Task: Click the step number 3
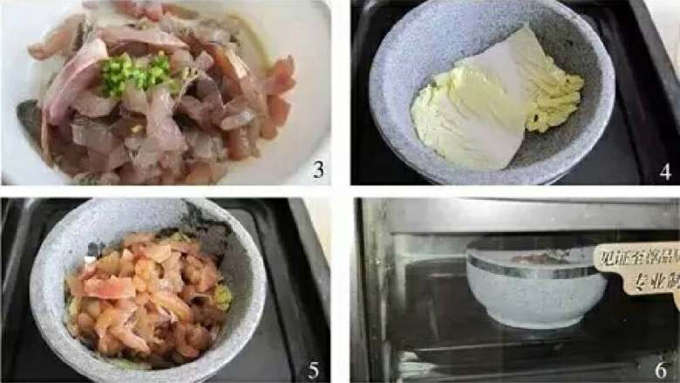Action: pos(317,170)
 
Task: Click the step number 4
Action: pos(665,170)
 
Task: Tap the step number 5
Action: pos(314,369)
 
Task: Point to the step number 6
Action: pos(664,369)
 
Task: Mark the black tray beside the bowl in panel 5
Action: pos(288,288)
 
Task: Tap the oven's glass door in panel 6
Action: pos(418,297)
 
